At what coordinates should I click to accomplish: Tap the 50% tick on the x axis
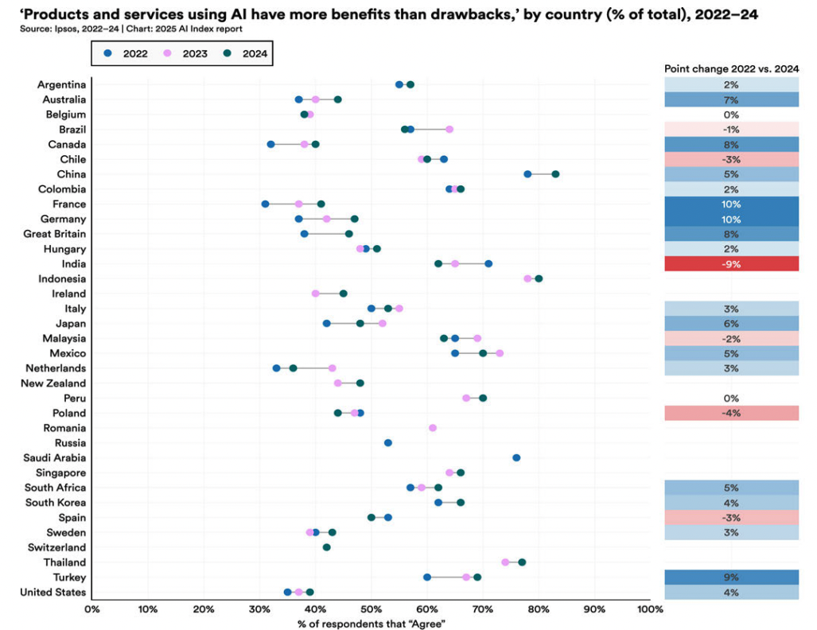tap(371, 609)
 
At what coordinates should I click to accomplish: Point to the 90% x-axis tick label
tap(594, 609)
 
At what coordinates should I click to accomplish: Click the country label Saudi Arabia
tap(56, 457)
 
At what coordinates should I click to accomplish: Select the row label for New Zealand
tap(57, 383)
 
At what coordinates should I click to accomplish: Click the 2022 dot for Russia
tap(387, 442)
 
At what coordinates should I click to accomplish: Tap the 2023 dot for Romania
tap(432, 428)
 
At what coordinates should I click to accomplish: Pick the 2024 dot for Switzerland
tap(326, 547)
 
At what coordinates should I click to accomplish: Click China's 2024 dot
tap(555, 173)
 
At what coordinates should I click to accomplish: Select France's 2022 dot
tap(265, 204)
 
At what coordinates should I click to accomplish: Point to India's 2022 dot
tap(488, 263)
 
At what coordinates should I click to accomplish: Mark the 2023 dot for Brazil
tap(449, 129)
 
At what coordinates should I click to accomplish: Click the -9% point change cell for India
tap(731, 264)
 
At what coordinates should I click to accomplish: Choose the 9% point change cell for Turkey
tap(731, 577)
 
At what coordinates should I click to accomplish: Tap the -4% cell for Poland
tap(731, 413)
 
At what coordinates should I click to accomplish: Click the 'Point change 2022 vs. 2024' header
tap(731, 69)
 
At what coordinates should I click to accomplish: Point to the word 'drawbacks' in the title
tap(457, 13)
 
